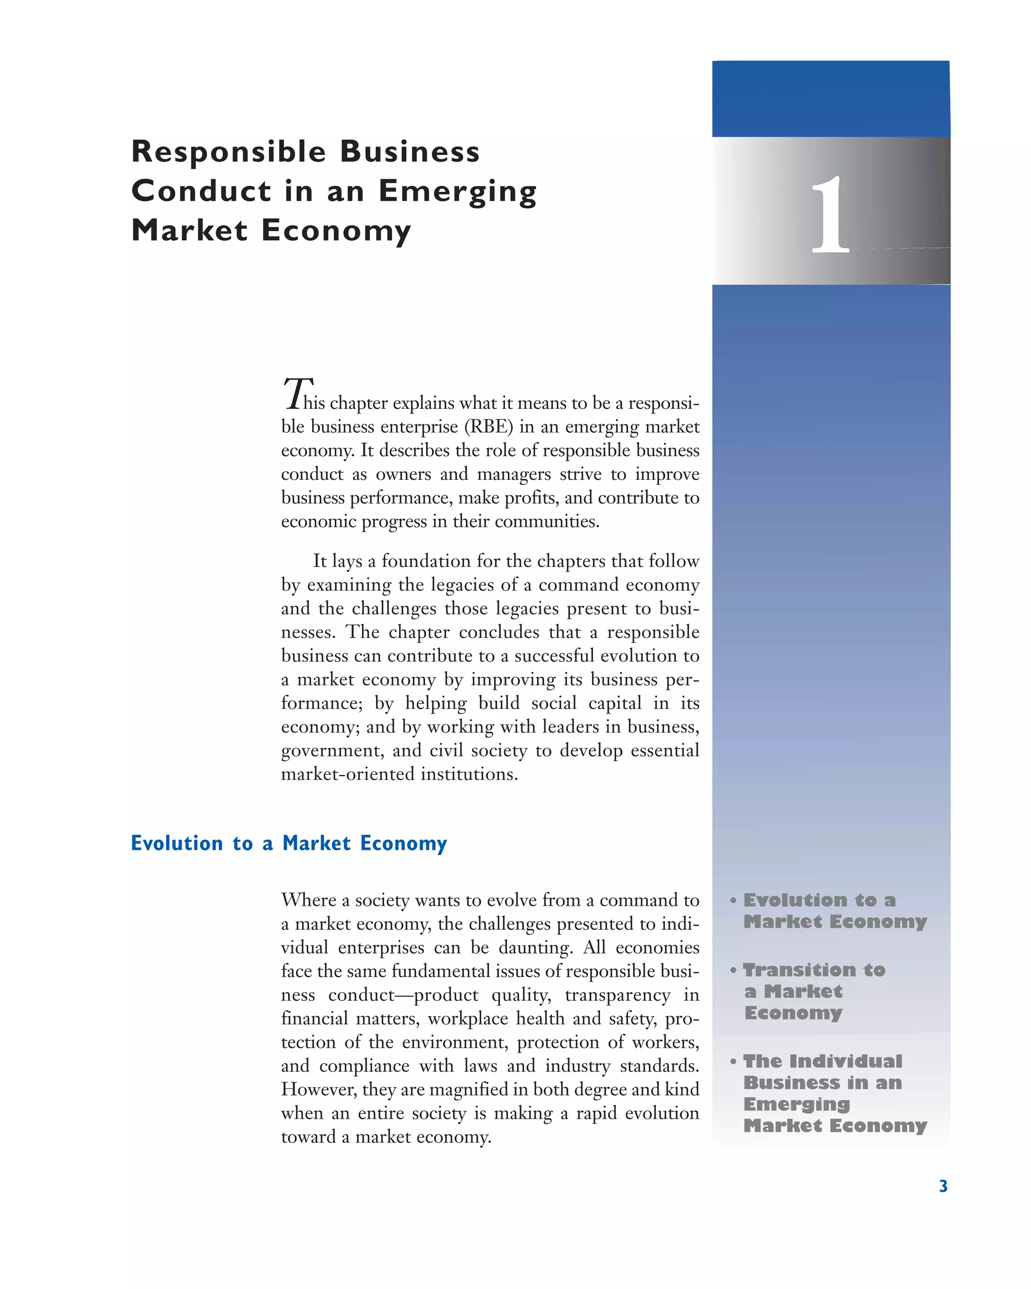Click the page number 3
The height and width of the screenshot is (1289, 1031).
(943, 1186)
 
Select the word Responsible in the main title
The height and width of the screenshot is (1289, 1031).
(229, 152)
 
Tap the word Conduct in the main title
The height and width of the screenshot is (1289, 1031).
(201, 191)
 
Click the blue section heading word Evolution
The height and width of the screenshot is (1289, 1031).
(177, 843)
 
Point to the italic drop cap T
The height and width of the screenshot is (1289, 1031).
(297, 393)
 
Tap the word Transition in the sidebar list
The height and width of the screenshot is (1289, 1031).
(799, 970)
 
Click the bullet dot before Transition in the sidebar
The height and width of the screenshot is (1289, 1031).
(733, 970)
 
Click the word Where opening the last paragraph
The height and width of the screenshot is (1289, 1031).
(309, 900)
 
